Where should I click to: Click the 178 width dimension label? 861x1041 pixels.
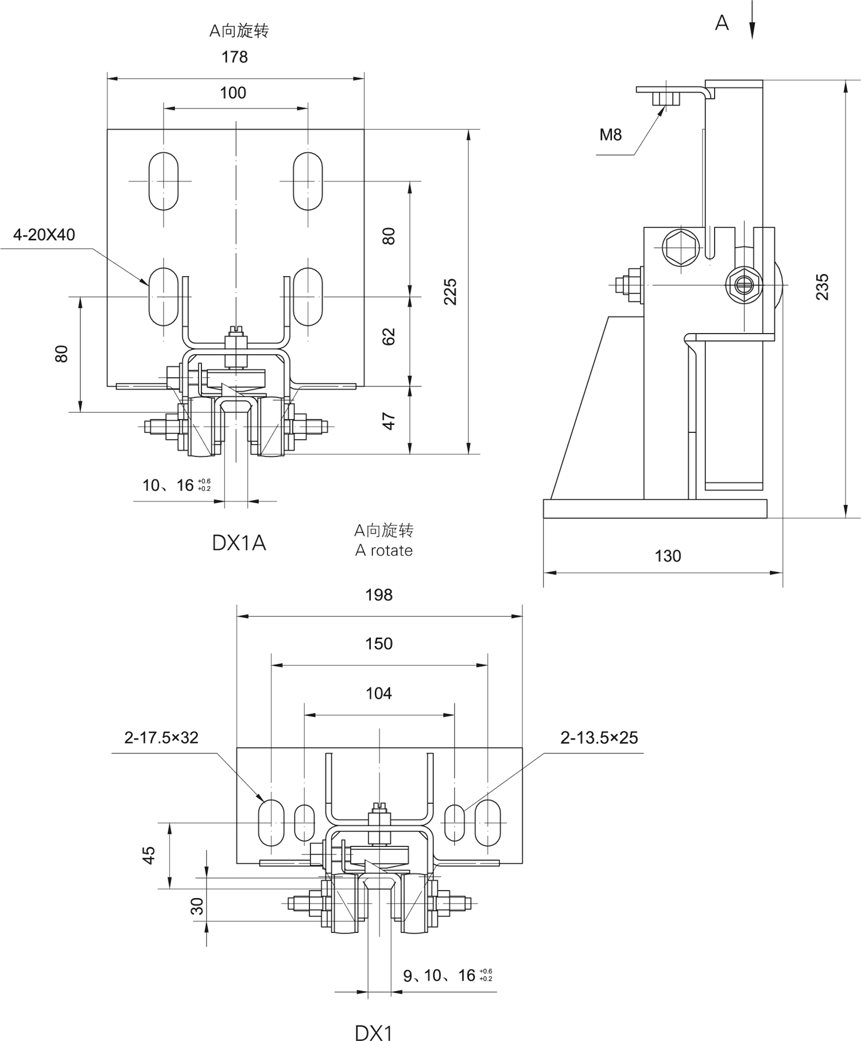235,57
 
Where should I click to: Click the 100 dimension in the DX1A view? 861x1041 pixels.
233,93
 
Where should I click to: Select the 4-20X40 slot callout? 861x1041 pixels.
44,235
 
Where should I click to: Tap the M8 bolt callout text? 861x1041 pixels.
611,135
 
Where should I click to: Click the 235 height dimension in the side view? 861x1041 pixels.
823,287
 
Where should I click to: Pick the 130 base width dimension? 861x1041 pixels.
668,556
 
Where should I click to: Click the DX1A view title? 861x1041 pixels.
239,543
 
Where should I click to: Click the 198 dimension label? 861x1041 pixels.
379,595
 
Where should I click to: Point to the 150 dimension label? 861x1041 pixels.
379,644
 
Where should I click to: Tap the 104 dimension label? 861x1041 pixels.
379,694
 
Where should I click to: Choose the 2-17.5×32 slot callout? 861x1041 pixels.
161,738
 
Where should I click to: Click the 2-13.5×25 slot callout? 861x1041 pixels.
599,738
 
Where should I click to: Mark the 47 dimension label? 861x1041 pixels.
390,421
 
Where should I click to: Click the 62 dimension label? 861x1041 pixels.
390,337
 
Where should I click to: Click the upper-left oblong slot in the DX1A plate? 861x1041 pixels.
164,181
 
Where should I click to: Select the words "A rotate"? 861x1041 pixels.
384,551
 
